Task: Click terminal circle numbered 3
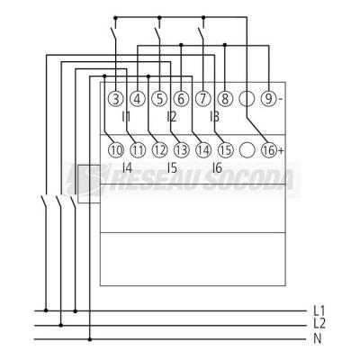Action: (x=115, y=99)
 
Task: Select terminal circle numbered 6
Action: (x=181, y=99)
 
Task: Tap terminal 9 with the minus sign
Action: (x=269, y=99)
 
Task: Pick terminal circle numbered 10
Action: (x=115, y=150)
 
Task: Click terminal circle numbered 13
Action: (x=181, y=150)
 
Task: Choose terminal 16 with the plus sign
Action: (x=269, y=150)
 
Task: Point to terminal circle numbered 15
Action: (x=225, y=150)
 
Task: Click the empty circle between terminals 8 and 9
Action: (x=247, y=99)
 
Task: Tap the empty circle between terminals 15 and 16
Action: (x=247, y=150)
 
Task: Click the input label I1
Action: (x=126, y=117)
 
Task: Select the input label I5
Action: (x=172, y=168)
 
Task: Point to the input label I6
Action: (x=217, y=168)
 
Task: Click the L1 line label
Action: (x=319, y=310)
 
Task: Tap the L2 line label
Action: (x=319, y=324)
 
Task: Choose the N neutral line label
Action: (x=318, y=339)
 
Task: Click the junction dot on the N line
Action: (x=90, y=339)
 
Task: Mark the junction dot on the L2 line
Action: (x=61, y=325)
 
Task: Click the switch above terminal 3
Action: (x=113, y=33)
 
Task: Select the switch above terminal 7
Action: (x=201, y=33)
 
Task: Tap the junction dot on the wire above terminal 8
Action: (x=225, y=45)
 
